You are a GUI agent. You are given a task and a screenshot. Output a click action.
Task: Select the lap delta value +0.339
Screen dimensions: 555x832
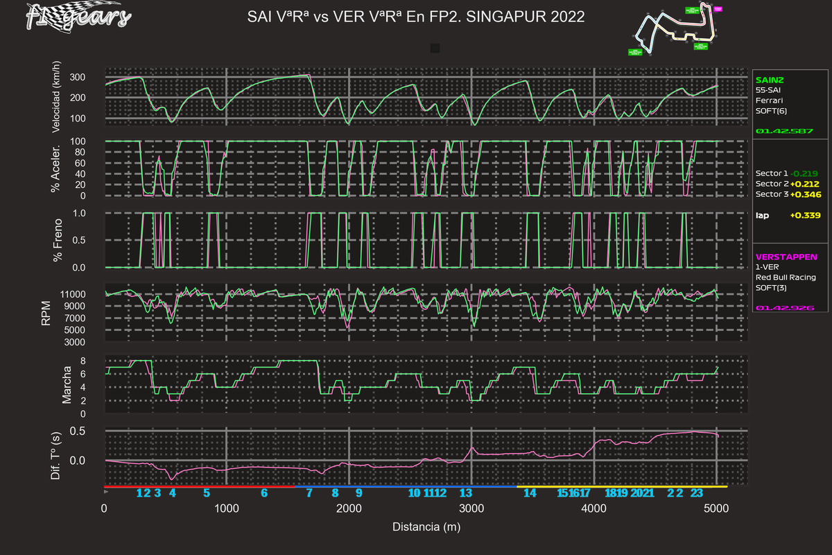pos(805,215)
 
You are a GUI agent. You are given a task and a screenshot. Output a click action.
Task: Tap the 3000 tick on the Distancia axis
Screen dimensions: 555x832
pos(471,508)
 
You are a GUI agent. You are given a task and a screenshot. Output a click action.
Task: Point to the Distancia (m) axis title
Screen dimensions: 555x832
pos(426,527)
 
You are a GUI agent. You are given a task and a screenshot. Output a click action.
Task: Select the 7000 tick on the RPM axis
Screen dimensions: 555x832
pos(94,318)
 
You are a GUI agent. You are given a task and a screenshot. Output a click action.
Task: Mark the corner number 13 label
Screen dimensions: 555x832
pos(466,493)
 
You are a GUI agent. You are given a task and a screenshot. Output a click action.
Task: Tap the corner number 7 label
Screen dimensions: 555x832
pos(309,493)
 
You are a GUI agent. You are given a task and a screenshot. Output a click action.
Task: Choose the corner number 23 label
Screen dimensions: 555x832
pos(697,493)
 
